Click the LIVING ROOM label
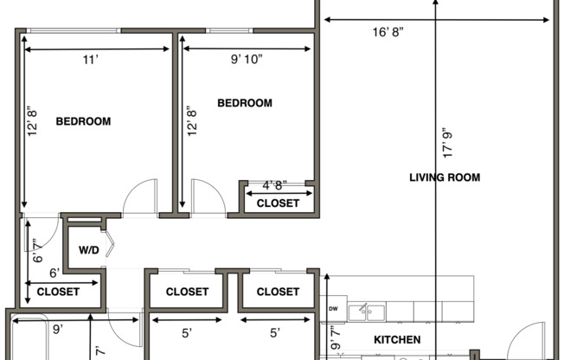point(444,177)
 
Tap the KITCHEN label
point(397,339)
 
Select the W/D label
point(89,251)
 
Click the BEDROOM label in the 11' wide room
point(83,121)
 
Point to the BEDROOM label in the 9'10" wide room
point(244,103)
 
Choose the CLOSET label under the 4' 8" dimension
point(278,203)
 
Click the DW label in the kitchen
point(333,309)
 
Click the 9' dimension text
point(56,329)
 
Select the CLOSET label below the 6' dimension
point(58,292)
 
